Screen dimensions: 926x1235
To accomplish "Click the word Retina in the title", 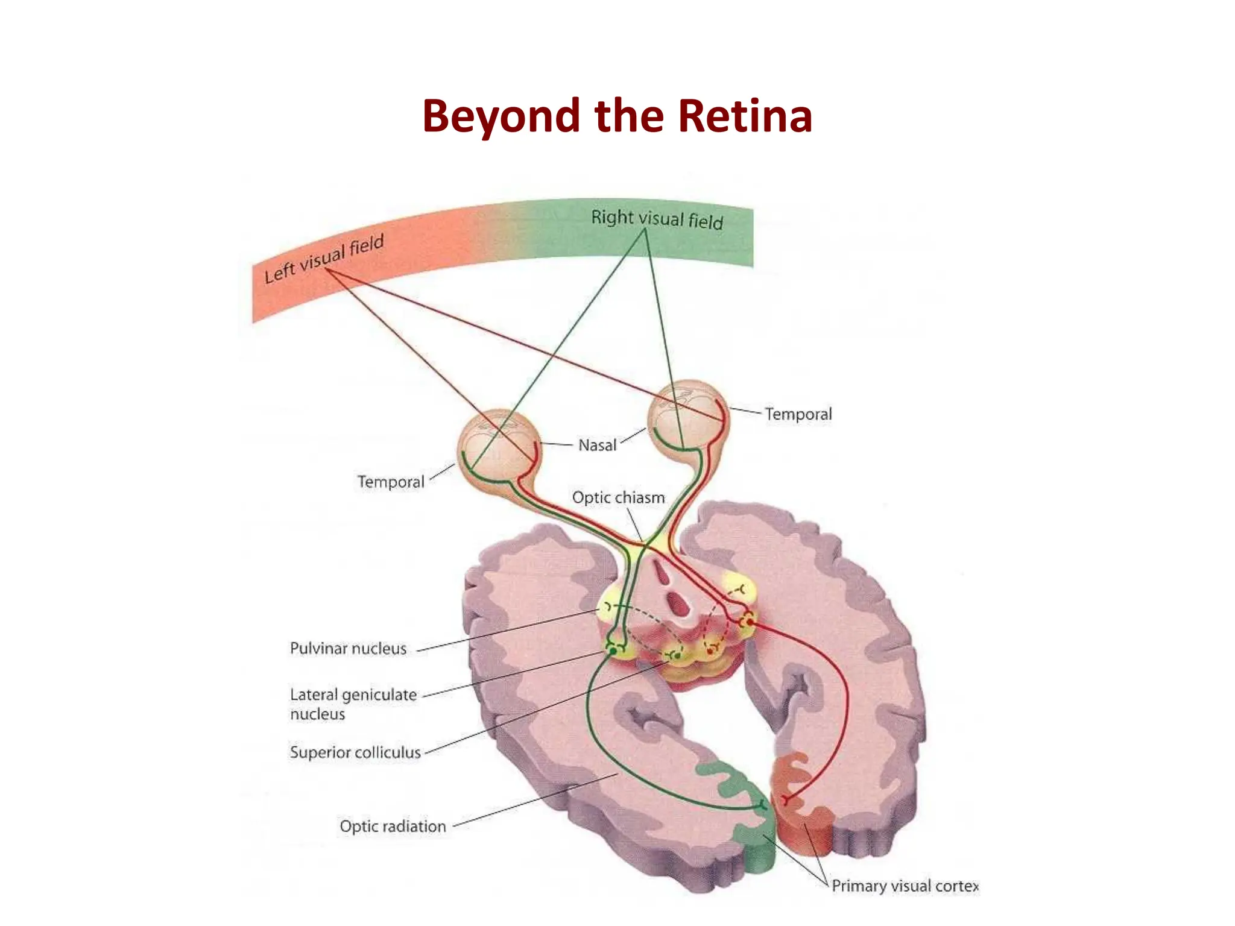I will (745, 116).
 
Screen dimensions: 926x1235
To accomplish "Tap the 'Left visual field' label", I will (324, 259).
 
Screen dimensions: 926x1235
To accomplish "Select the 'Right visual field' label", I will (657, 219).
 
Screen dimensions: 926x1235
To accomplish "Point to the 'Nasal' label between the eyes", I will (597, 446).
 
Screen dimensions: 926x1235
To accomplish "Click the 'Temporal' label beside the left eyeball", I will (391, 482).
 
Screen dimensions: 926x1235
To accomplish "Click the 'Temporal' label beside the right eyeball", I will (798, 414).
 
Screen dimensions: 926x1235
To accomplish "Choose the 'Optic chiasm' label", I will (618, 498).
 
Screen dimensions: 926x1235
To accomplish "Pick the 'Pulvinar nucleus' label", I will (348, 649).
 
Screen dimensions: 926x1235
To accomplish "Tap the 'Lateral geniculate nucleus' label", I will (353, 704).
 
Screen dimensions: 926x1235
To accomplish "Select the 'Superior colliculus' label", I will (355, 752).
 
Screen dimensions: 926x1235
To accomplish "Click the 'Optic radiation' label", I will (393, 827).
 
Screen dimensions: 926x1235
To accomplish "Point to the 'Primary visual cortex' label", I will (905, 886).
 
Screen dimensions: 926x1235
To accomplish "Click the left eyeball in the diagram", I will (498, 446).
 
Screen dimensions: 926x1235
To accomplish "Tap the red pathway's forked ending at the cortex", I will (785, 800).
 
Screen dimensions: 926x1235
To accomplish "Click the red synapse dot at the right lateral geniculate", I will (748, 620).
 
